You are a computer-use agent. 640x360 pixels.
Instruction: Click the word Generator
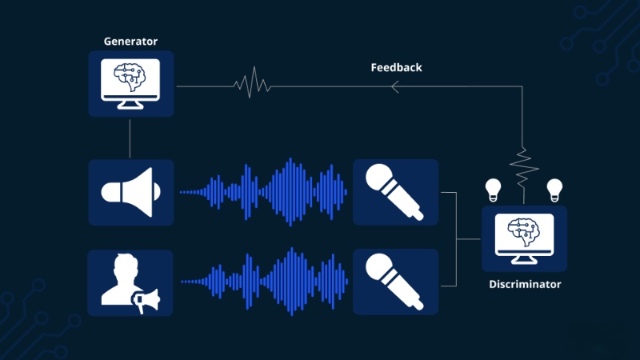130,42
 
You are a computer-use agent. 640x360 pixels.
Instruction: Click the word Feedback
396,67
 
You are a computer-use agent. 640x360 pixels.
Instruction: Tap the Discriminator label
525,284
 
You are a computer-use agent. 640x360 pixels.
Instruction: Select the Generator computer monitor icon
130,84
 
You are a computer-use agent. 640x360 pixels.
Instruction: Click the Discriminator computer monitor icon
525,238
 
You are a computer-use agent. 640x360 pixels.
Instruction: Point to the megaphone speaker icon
130,192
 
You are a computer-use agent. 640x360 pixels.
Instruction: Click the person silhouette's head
126,266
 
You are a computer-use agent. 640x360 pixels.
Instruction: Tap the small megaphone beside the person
146,302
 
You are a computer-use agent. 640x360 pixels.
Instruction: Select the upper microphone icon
394,192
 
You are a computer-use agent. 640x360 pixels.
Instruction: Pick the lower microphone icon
394,282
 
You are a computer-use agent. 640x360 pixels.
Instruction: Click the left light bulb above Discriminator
493,190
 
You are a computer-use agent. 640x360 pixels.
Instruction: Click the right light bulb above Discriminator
554,190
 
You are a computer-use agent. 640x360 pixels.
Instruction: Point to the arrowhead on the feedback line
394,86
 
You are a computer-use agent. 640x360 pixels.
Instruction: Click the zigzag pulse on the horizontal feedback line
252,83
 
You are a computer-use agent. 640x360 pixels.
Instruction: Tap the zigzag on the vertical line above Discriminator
524,167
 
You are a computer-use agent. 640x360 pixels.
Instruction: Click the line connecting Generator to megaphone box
130,138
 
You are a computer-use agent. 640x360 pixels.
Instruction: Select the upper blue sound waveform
263,192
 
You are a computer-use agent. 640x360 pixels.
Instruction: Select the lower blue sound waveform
264,282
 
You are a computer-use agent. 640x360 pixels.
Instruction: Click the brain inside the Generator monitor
130,77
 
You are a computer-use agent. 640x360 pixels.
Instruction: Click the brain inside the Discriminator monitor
524,232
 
